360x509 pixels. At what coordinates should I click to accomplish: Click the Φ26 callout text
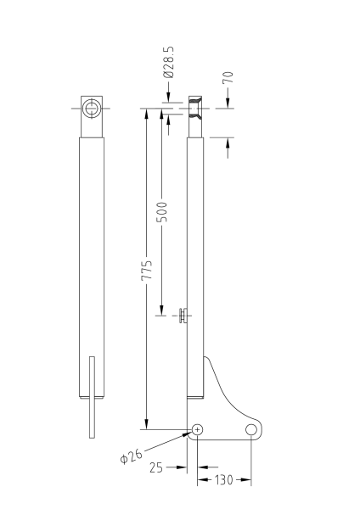pyautogui.click(x=130, y=455)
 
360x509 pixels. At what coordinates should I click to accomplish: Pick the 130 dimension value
pyautogui.click(x=224, y=481)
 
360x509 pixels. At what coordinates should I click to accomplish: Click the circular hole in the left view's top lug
pyautogui.click(x=92, y=109)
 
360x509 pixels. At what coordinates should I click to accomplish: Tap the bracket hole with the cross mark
pyautogui.click(x=197, y=430)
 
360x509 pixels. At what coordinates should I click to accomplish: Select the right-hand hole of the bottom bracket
pyautogui.click(x=251, y=430)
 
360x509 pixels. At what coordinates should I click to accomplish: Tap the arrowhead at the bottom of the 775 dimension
pyautogui.click(x=147, y=425)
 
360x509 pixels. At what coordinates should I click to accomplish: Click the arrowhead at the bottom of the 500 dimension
pyautogui.click(x=161, y=311)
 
